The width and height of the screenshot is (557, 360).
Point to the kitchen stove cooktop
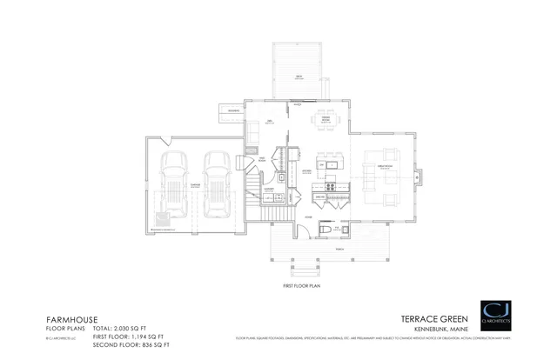tap(331, 185)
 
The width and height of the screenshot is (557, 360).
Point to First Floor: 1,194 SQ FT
tap(127, 336)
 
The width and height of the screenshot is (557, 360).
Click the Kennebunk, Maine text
tap(442, 328)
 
